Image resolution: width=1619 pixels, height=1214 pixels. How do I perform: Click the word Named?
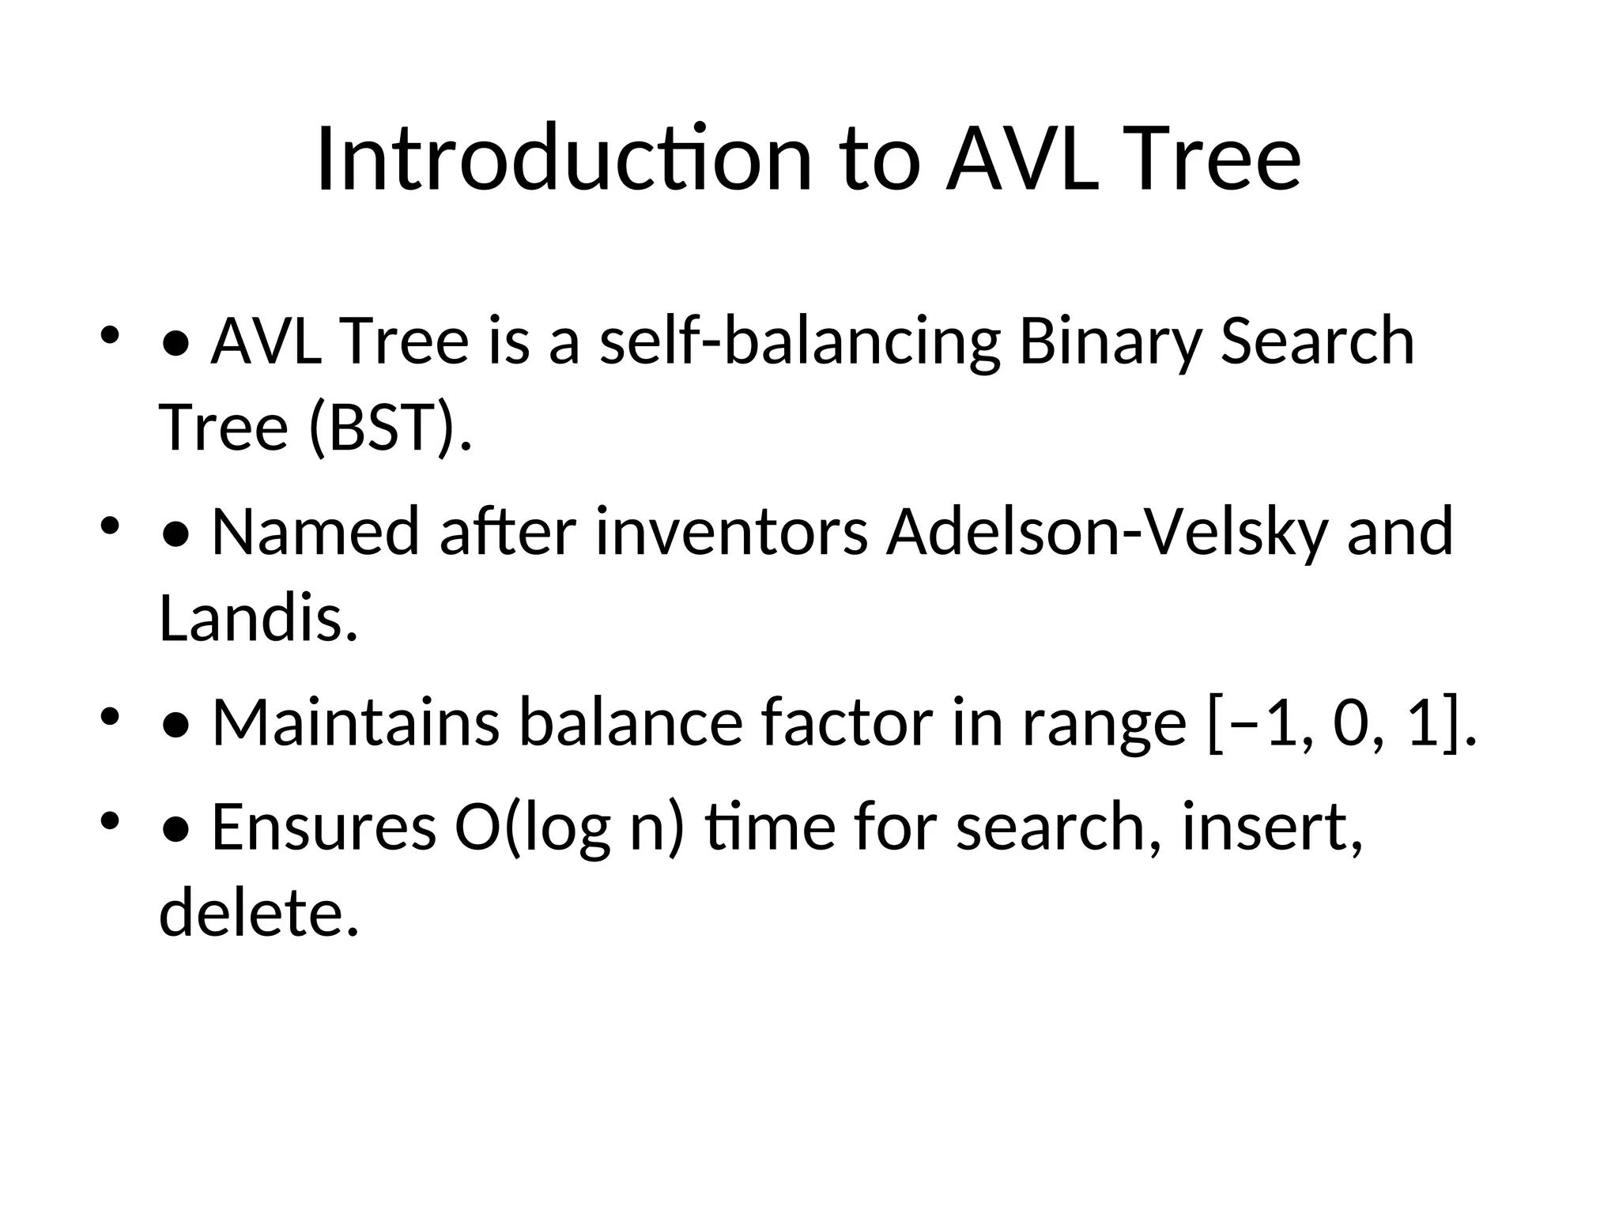coord(315,532)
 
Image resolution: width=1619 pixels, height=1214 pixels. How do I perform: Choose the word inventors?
coord(732,532)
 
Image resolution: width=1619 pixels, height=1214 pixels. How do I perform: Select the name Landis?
coord(259,618)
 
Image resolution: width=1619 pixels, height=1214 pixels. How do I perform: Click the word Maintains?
coord(356,722)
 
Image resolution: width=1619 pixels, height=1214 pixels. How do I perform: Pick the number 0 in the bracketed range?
coord(1350,724)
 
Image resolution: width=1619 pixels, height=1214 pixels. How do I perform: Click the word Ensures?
coord(324,828)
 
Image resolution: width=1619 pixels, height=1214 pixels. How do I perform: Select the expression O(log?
coord(532,828)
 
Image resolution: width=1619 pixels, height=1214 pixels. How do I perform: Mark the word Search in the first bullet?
coord(1317,341)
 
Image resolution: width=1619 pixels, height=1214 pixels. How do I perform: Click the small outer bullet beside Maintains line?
coord(110,718)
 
